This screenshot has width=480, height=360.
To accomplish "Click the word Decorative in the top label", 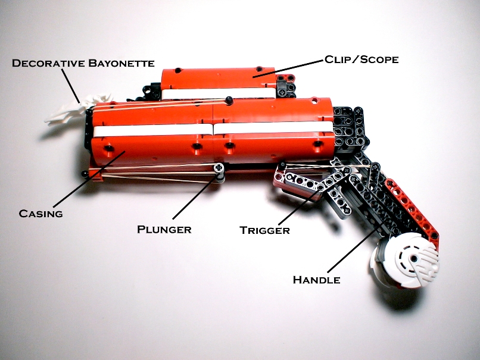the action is (48, 63).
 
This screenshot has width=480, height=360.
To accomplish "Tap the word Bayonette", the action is (121, 63).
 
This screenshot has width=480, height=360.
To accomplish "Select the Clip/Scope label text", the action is (361, 60).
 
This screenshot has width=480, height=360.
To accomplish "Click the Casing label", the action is (40, 214).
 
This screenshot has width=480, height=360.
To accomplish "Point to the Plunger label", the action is (164, 230).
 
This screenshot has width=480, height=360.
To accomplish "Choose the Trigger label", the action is (264, 230).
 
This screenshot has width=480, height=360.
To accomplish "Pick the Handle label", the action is (317, 280).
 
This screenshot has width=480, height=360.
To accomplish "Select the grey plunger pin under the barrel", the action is (219, 173).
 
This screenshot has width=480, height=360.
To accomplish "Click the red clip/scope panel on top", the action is (218, 78).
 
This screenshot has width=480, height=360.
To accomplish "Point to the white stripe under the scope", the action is (218, 93).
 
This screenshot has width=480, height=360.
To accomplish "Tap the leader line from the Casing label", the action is (89, 179).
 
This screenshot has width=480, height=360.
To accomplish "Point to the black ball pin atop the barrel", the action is (228, 100).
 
